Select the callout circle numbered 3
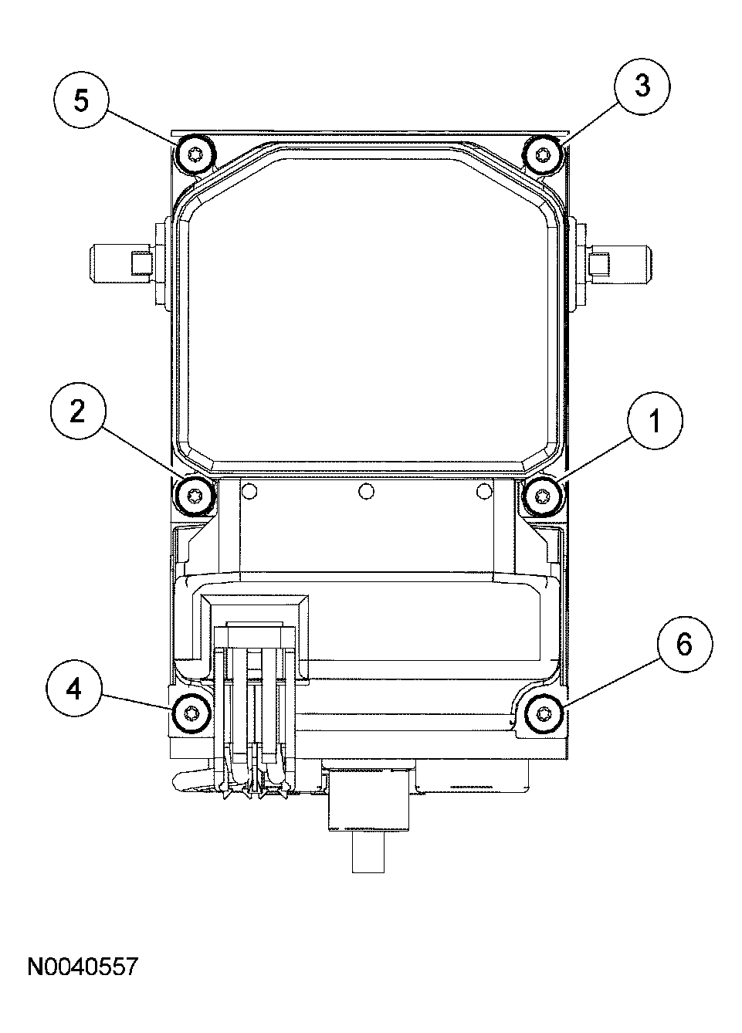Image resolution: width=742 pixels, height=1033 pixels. click(x=642, y=86)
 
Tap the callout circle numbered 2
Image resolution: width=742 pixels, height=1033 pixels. click(x=77, y=412)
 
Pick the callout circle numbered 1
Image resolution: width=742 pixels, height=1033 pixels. click(x=654, y=422)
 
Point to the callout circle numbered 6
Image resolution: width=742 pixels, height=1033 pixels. click(x=684, y=645)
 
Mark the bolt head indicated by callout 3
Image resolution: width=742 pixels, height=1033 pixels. click(x=543, y=154)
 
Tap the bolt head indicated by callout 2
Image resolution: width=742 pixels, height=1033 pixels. click(x=195, y=495)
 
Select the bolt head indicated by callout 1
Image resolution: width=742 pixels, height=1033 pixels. click(x=543, y=495)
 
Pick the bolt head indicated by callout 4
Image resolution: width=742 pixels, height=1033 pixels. click(x=190, y=712)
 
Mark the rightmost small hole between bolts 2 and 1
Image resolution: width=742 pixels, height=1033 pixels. click(x=484, y=490)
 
